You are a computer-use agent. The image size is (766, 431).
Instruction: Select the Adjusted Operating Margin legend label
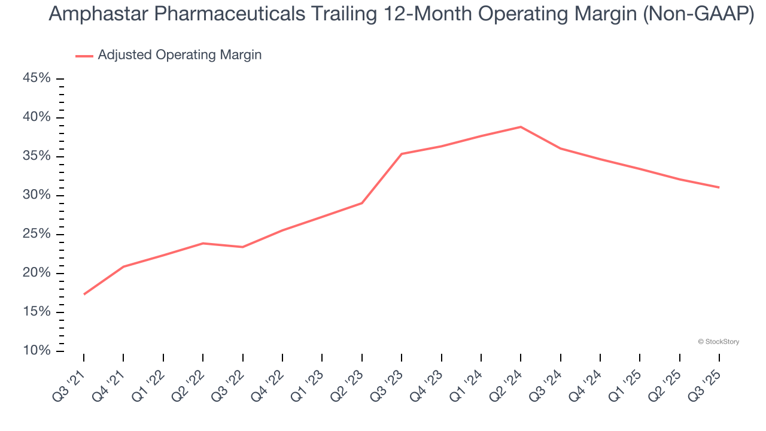pyautogui.click(x=180, y=55)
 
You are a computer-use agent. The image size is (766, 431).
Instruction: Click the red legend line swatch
pyautogui.click(x=84, y=56)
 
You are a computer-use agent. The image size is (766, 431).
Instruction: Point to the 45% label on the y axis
pyautogui.click(x=37, y=78)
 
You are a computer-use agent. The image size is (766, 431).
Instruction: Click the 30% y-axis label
pyautogui.click(x=37, y=195)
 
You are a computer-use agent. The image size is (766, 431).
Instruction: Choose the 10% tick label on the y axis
pyautogui.click(x=37, y=351)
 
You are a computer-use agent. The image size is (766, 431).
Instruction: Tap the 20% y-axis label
pyautogui.click(x=37, y=273)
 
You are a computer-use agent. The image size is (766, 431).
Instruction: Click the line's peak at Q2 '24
pyautogui.click(x=521, y=127)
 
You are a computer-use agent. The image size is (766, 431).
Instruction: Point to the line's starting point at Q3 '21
pyautogui.click(x=84, y=294)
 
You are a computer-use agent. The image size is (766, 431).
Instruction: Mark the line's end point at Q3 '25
pyautogui.click(x=719, y=187)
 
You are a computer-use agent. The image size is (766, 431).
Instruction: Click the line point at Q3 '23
pyautogui.click(x=402, y=154)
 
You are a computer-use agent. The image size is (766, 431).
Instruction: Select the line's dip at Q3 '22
pyautogui.click(x=242, y=247)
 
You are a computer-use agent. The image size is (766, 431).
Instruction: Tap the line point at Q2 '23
pyautogui.click(x=362, y=203)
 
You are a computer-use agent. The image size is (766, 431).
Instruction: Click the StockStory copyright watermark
pyautogui.click(x=719, y=342)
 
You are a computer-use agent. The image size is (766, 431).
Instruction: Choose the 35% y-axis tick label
pyautogui.click(x=37, y=156)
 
